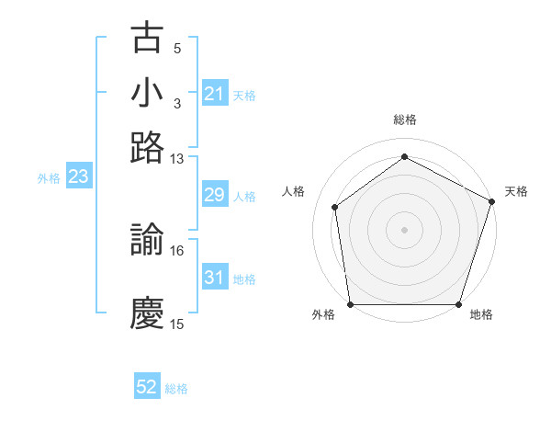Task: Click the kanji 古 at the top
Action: pyautogui.click(x=148, y=39)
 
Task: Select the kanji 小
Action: pyautogui.click(x=148, y=93)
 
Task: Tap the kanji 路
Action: pyautogui.click(x=148, y=148)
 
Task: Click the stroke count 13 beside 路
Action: pyautogui.click(x=177, y=159)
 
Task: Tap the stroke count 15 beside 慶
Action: pyautogui.click(x=177, y=324)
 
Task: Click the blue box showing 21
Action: pyautogui.click(x=215, y=94)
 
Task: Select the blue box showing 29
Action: pyautogui.click(x=215, y=195)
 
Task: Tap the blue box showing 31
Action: pyautogui.click(x=215, y=278)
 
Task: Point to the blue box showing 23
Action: pyautogui.click(x=78, y=177)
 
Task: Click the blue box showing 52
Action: pyautogui.click(x=147, y=388)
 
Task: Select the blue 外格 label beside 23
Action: pyautogui.click(x=49, y=178)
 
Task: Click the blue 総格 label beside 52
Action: pyautogui.click(x=176, y=389)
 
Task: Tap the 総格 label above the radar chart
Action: pyautogui.click(x=405, y=119)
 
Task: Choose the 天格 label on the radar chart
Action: pyautogui.click(x=516, y=191)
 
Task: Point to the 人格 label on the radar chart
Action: pyautogui.click(x=294, y=191)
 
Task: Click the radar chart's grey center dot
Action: pyautogui.click(x=405, y=229)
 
